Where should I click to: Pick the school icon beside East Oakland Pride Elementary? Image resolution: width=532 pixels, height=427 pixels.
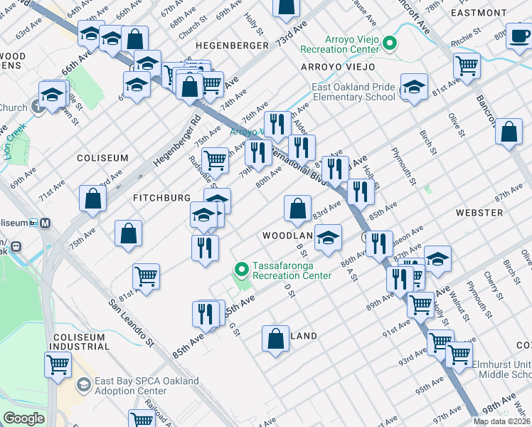point(414,87)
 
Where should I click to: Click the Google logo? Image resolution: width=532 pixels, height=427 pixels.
point(23,418)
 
